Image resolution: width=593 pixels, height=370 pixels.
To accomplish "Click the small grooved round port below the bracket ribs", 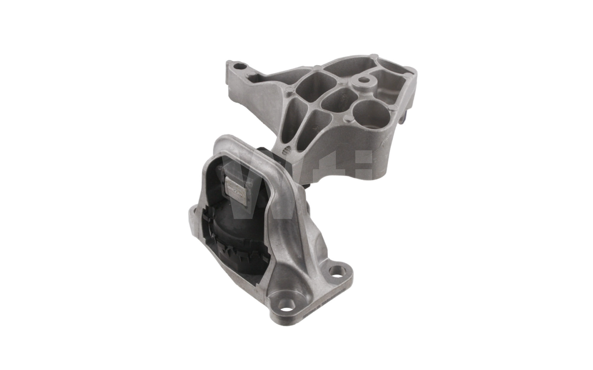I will (x=286, y=151).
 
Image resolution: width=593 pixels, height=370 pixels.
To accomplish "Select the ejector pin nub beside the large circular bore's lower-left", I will (x=348, y=119).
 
